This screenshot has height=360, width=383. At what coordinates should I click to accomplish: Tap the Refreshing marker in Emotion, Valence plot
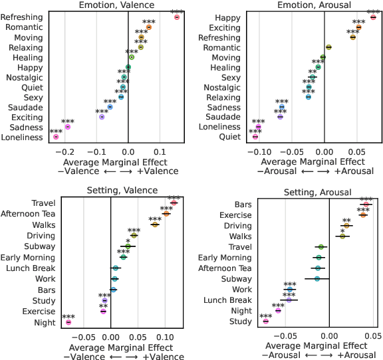[x=177, y=17]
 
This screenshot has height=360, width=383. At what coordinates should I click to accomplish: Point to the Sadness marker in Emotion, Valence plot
[x=68, y=127]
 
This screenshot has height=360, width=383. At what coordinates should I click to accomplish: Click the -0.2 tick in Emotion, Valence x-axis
[x=68, y=150]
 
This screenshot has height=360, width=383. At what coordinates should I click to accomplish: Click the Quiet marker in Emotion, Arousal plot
[x=255, y=137]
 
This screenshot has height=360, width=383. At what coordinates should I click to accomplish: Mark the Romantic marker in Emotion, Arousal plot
[x=328, y=47]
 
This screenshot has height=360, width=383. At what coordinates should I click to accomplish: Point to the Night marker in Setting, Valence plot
[x=68, y=322]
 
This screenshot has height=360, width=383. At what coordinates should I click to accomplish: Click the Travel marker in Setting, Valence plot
[x=174, y=203]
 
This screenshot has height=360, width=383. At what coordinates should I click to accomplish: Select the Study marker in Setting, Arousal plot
[x=266, y=321]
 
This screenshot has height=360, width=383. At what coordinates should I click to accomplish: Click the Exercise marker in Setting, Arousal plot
[x=363, y=215]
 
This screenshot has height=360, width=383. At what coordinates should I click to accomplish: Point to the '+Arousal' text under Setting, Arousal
[x=356, y=355]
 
